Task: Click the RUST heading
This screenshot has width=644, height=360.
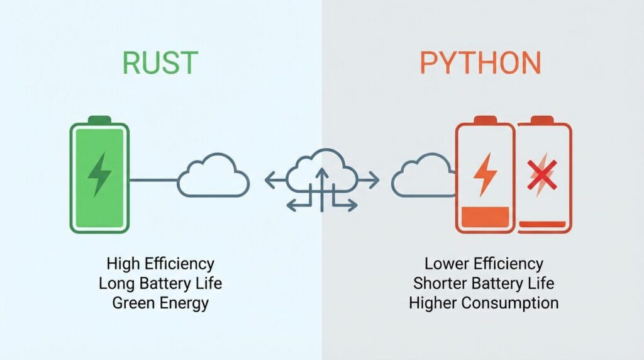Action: [x=160, y=64]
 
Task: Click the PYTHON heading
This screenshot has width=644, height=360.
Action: [x=480, y=64]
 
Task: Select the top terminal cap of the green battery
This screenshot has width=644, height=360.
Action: [x=99, y=120]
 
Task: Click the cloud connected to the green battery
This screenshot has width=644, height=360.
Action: [x=213, y=176]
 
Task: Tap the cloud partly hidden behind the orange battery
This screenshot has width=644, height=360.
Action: [x=420, y=177]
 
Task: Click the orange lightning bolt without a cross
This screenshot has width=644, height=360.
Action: [x=485, y=173]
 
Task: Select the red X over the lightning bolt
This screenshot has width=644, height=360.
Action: [x=542, y=175]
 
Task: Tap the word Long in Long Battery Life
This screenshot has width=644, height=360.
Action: [x=116, y=283]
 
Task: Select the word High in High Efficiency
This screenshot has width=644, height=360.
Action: [x=123, y=263]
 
